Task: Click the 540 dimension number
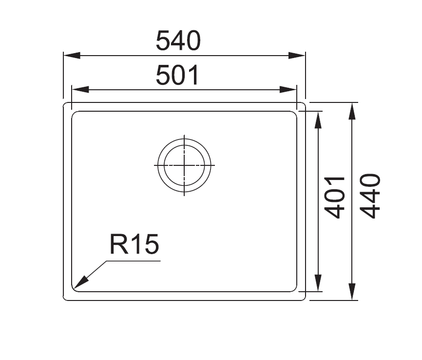(x=178, y=40)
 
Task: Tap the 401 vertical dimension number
(x=335, y=198)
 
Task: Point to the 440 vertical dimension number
(x=370, y=196)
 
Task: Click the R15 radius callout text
(x=134, y=244)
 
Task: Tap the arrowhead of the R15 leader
(x=81, y=282)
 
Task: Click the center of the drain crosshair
(x=184, y=165)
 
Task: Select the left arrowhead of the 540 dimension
(x=72, y=56)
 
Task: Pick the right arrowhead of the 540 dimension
(x=297, y=56)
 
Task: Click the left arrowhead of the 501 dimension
(x=80, y=89)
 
